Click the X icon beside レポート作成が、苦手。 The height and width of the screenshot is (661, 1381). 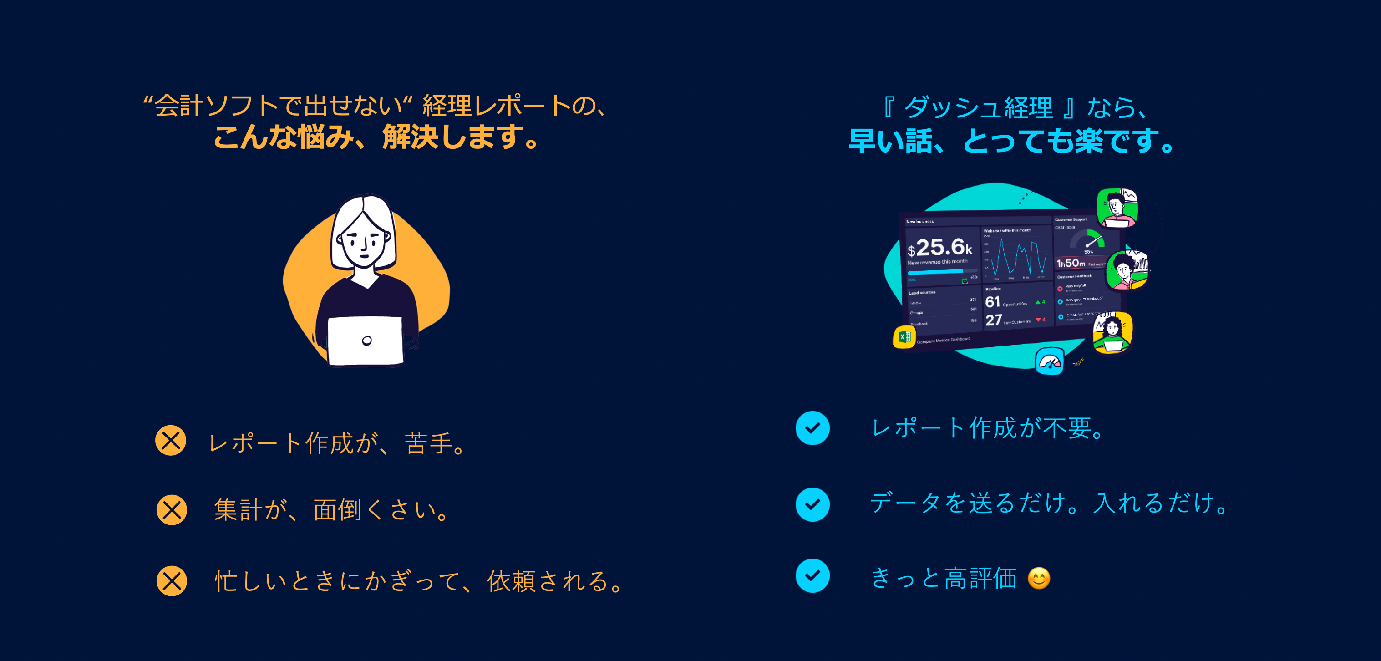[171, 441]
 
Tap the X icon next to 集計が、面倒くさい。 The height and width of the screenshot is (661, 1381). [172, 509]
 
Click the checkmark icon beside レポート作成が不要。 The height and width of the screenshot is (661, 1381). [812, 428]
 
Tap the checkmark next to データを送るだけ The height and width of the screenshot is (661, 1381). [812, 504]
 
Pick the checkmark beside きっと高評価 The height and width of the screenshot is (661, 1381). [812, 576]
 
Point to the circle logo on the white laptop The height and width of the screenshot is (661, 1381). [367, 341]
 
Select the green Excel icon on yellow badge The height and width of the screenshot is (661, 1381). [904, 337]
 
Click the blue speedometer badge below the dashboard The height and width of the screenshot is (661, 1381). [1049, 362]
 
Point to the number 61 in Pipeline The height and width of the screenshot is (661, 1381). [992, 302]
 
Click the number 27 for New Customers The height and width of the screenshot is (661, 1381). [993, 320]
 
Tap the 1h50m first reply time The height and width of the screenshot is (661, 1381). [1071, 263]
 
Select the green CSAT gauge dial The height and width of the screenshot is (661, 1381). [1088, 239]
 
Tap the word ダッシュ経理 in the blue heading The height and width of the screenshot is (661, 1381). [978, 107]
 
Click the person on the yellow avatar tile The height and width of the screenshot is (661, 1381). [1112, 333]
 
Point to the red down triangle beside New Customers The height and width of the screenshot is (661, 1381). [1038, 320]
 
